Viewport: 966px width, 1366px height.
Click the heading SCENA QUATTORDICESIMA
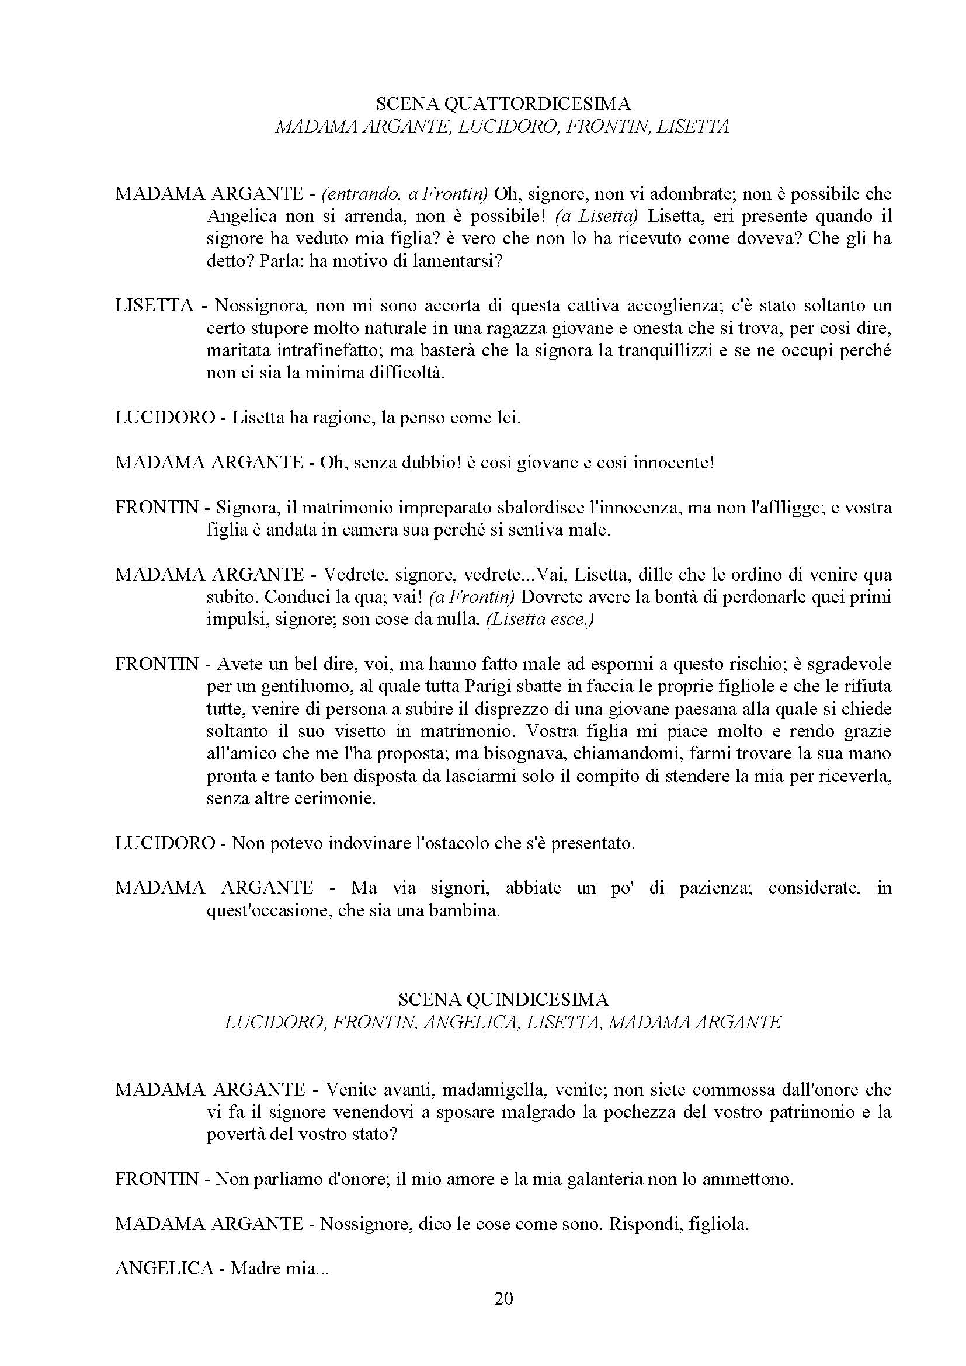(503, 104)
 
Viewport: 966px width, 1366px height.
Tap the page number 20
(503, 1298)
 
